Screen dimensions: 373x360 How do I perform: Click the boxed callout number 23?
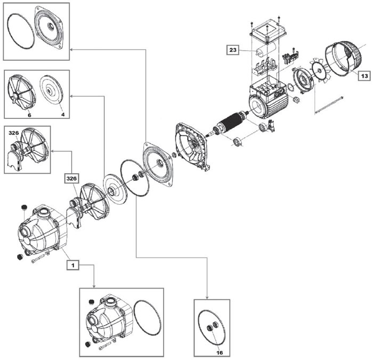pos(233,50)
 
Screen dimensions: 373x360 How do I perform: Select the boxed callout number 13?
pos(364,76)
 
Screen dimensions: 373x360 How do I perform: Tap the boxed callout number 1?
pos(73,265)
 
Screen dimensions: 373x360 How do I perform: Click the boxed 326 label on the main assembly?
pos(71,179)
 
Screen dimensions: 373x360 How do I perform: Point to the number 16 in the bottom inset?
pos(220,353)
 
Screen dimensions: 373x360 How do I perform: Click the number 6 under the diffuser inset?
pos(29,115)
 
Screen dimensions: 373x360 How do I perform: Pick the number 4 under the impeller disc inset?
pos(63,115)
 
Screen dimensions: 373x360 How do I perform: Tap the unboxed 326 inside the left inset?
pos(13,133)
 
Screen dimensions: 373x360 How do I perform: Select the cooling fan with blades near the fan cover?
pos(319,71)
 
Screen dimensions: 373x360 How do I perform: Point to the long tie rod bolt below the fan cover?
pos(329,105)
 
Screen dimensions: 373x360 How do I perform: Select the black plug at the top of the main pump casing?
pos(23,207)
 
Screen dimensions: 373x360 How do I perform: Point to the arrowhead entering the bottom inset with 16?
pos(207,298)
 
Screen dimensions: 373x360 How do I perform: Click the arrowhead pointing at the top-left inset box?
pos(71,50)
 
